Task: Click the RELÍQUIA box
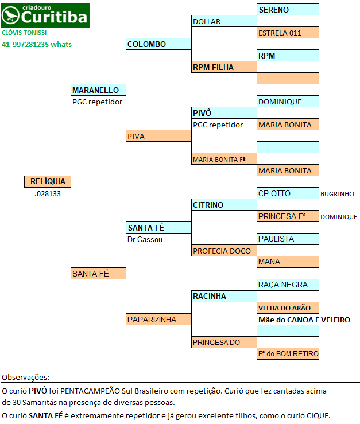click(47, 181)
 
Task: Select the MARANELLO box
click(98, 90)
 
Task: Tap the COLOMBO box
click(158, 44)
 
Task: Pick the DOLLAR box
click(224, 21)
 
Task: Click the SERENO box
click(288, 9)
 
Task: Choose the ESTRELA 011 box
click(288, 33)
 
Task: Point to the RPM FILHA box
click(224, 67)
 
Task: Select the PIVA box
click(158, 136)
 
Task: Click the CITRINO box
click(224, 204)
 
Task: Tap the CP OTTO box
click(288, 193)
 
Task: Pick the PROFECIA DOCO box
click(224, 250)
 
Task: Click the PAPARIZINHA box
click(158, 320)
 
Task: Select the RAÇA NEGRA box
click(288, 285)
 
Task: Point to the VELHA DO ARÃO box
click(288, 308)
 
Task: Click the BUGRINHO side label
click(337, 194)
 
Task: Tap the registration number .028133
click(48, 193)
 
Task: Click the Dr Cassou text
click(145, 239)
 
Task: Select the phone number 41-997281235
click(25, 44)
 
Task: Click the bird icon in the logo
click(10, 15)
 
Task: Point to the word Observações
click(26, 377)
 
